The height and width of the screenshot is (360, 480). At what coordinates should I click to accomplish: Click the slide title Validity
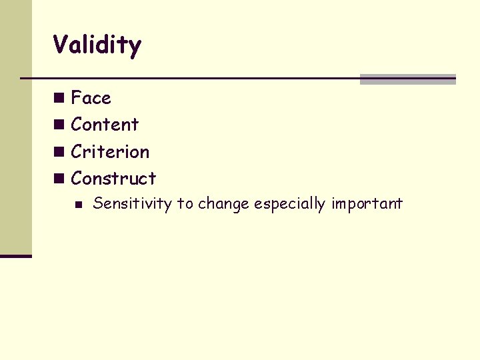[97, 46]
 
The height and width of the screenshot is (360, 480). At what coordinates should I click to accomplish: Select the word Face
[91, 98]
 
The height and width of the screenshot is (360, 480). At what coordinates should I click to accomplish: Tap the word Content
[105, 125]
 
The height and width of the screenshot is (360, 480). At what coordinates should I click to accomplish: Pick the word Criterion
[110, 152]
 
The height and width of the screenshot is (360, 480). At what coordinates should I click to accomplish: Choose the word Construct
[113, 179]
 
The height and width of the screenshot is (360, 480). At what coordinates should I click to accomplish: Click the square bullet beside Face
[60, 98]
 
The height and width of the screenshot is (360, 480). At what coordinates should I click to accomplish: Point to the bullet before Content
[60, 125]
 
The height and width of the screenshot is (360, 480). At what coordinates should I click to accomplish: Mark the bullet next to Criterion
[60, 152]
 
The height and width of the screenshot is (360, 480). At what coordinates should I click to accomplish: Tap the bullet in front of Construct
[60, 179]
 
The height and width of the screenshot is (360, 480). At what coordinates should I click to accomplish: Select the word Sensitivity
[132, 204]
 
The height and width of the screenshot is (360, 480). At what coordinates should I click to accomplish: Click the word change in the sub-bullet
[222, 204]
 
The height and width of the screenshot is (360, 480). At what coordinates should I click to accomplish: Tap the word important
[367, 204]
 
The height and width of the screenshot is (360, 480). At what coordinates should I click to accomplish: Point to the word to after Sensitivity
[183, 204]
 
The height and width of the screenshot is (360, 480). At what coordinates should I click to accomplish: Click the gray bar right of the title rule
[407, 79]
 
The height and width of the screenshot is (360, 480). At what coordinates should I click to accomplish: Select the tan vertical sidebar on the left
[16, 127]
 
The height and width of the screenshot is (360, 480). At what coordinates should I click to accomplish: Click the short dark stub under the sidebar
[16, 256]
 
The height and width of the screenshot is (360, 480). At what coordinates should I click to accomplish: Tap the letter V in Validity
[61, 46]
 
